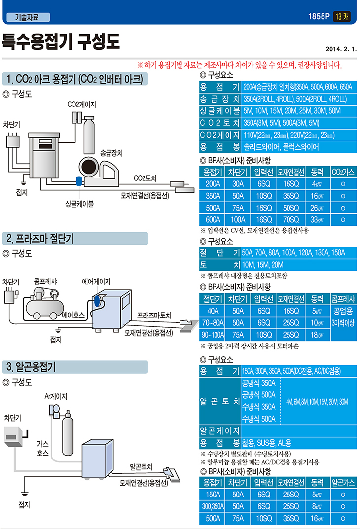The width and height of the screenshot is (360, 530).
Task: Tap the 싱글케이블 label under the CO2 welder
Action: (79, 203)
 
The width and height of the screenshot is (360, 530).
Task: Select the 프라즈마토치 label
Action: (154, 315)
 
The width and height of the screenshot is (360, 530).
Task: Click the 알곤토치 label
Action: (141, 466)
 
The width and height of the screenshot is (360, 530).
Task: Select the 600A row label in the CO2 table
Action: (213, 220)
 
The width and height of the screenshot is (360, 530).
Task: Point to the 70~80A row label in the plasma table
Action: (213, 323)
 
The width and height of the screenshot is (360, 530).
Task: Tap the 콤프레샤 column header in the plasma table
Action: (344, 299)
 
